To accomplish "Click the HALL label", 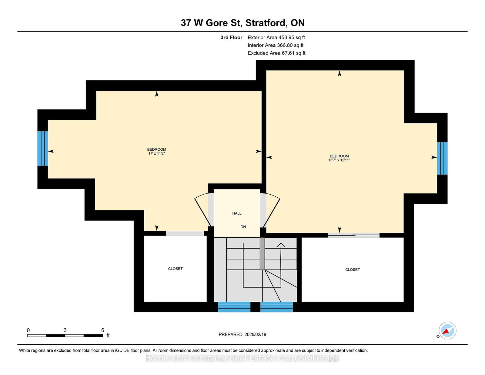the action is coord(236,213).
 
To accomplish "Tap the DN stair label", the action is coord(243,227).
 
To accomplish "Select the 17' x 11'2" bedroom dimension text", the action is coord(156,154).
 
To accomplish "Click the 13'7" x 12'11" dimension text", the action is coord(339,160).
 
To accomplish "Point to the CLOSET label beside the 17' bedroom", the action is coord(175,269).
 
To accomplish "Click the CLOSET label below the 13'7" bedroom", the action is coord(353,270).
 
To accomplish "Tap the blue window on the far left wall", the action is coord(43,149).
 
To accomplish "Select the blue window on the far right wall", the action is coord(442,158).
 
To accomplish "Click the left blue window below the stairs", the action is coord(234,307).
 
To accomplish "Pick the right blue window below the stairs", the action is coord(276,307).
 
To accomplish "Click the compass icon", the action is coord(447,331).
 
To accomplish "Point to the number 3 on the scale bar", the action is coord(65,330).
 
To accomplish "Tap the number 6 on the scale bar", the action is coord(103,330).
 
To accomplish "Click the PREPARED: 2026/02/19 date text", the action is coord(242,334).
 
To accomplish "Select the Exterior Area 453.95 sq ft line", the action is coord(276,38).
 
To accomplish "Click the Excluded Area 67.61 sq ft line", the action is coord(276,53).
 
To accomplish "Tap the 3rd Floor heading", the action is coord(231,38).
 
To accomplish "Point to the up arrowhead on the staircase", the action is coord(281,245).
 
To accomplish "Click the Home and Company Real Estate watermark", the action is coord(242,358).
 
